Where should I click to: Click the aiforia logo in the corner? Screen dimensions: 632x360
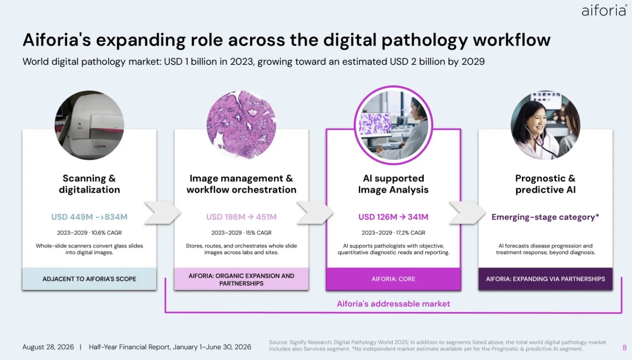(x=604, y=10)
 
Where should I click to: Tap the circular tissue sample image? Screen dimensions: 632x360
(x=241, y=125)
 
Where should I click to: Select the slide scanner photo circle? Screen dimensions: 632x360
(x=89, y=125)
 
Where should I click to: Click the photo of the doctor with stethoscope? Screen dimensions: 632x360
(x=545, y=125)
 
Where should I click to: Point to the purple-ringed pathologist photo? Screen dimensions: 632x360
(x=393, y=125)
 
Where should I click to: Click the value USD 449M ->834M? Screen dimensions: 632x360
(x=89, y=217)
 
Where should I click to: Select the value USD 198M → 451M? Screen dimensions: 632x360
(x=241, y=217)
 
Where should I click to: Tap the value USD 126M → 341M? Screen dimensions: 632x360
(x=393, y=217)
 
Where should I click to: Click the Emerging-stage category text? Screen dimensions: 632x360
(x=545, y=217)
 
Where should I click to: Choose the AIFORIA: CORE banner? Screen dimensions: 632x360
(x=393, y=279)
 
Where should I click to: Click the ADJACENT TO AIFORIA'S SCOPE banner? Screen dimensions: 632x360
(x=89, y=279)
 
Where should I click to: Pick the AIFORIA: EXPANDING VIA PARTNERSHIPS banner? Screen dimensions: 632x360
(x=545, y=279)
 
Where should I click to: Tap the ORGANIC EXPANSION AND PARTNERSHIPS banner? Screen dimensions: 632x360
(x=241, y=279)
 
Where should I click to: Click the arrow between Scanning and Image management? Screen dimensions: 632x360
(x=162, y=213)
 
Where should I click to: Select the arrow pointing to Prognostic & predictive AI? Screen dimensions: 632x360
(x=467, y=213)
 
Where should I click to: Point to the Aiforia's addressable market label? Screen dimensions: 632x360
(x=393, y=304)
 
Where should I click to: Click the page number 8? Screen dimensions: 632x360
(x=624, y=347)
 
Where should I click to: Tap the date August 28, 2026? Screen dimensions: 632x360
(x=48, y=347)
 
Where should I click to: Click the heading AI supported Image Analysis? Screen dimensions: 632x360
(x=393, y=184)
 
